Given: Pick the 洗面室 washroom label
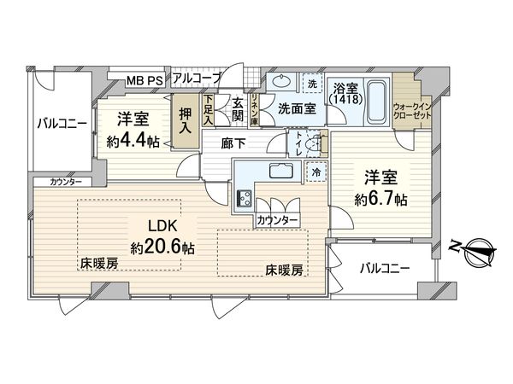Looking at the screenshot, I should click(297, 109).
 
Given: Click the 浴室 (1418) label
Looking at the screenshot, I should click(346, 92).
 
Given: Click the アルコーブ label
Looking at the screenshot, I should click(196, 79).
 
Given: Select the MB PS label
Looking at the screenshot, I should click(144, 81).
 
